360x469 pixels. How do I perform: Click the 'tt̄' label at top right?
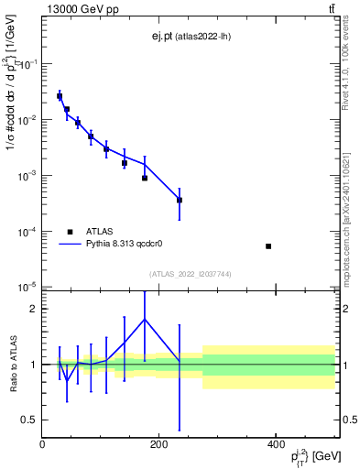332,8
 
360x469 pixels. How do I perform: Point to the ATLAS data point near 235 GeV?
180,200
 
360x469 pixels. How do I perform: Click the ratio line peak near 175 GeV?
145,319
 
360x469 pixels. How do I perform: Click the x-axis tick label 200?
158,444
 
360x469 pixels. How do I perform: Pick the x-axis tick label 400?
275,444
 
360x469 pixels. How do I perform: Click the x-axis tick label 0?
43,444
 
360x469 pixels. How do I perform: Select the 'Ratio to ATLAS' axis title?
14,365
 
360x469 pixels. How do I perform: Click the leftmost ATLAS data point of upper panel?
60,96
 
